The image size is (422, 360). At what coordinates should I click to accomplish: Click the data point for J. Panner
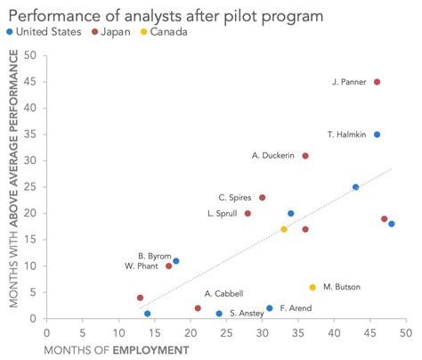pos(377,82)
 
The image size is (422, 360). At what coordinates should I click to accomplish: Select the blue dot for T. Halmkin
pos(377,135)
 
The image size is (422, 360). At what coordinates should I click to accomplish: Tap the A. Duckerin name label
pos(272,156)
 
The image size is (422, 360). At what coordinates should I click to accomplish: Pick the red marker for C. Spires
pos(262,198)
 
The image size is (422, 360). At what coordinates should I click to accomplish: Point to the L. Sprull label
pos(222,214)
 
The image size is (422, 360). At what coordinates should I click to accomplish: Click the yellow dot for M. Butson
pos(312,287)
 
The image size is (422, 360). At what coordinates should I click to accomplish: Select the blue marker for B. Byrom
pos(176,261)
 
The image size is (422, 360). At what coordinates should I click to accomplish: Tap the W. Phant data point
pos(168,266)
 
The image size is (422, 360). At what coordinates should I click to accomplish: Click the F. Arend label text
pos(295,308)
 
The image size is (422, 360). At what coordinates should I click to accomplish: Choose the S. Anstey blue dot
pos(219,314)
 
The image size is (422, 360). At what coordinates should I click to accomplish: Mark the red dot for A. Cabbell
pos(198,308)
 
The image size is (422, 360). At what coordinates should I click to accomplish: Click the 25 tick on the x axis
pos(226,331)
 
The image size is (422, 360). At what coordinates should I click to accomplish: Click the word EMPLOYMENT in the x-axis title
pos(150,348)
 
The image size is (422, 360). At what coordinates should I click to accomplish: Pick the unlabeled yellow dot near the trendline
pos(284,229)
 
